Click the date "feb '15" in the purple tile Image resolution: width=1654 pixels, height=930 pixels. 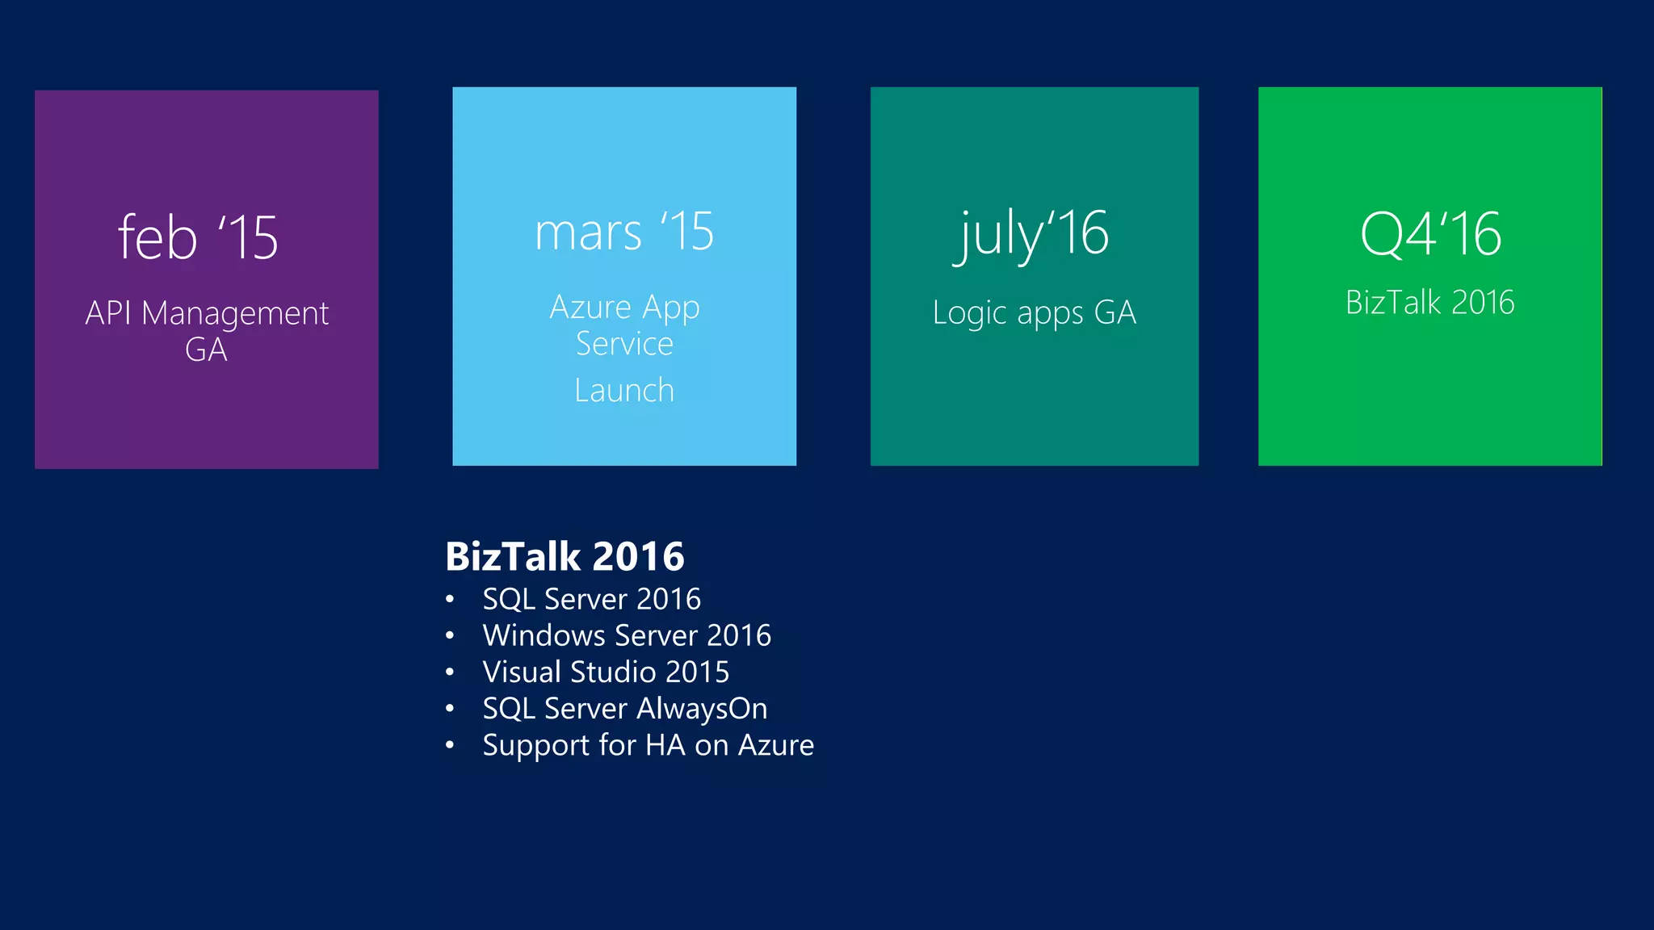click(198, 237)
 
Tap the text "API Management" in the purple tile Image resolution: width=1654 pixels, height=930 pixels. click(207, 313)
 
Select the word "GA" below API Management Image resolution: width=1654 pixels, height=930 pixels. click(206, 350)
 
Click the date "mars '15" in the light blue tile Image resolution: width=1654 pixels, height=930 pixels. click(624, 232)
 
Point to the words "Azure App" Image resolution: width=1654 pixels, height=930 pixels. click(624, 308)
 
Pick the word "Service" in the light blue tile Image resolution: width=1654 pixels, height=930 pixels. click(624, 344)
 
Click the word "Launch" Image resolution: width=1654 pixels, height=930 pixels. click(624, 391)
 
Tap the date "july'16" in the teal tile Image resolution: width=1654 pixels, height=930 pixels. click(1034, 234)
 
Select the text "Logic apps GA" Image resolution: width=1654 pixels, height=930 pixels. click(1034, 312)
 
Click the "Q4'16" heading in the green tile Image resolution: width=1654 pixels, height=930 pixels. click(1430, 235)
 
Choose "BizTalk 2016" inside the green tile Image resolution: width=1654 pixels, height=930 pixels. click(1429, 303)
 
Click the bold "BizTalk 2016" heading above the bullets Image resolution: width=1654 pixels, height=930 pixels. click(565, 556)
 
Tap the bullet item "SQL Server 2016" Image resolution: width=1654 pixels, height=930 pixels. click(591, 599)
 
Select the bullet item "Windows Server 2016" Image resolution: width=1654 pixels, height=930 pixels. click(627, 635)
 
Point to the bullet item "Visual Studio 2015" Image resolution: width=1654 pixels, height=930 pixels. click(606, 672)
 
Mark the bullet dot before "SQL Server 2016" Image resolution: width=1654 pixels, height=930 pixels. click(450, 600)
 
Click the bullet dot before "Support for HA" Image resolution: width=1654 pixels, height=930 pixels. click(450, 745)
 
